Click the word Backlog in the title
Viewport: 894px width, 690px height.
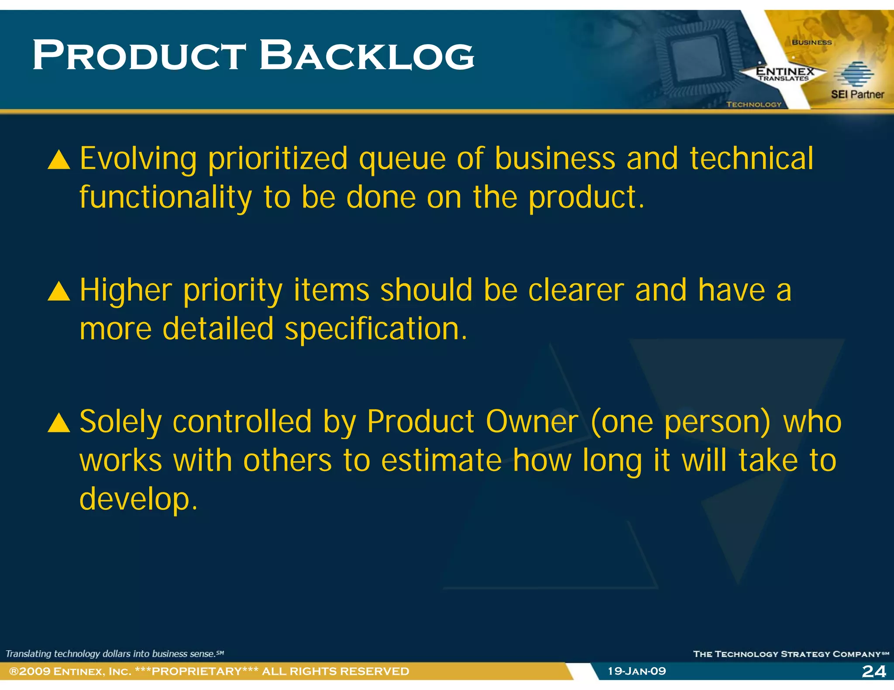pos(367,56)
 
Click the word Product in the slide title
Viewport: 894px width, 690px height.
pos(140,56)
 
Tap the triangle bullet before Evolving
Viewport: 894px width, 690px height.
pos(59,160)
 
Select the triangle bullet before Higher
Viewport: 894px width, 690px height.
pos(59,292)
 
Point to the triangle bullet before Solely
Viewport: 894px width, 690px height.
pos(59,423)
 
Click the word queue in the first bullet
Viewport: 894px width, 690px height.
pos(402,159)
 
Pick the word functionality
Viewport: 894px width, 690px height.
pos(166,198)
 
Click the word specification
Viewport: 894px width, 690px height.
pos(376,329)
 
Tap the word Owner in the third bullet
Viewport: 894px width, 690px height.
pos(532,422)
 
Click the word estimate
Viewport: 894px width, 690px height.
pos(441,461)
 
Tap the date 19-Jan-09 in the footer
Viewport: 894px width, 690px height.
pos(637,671)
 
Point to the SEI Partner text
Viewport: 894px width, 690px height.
pos(857,94)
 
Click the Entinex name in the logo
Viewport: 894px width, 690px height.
pos(785,71)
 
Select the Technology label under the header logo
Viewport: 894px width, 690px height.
pos(754,105)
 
